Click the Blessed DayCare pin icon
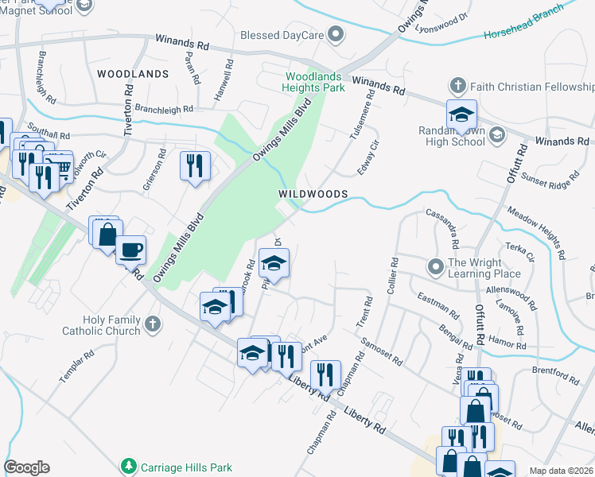pos(336,34)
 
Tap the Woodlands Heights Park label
pos(315,82)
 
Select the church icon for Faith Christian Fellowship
pos(457,85)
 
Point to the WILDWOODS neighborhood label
pos(313,194)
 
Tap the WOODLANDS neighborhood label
pos(133,74)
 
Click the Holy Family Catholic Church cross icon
pos(153,324)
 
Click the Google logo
pos(26,467)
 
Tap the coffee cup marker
pos(131,250)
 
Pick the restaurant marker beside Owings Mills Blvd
pos(195,165)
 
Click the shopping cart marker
pos(57,165)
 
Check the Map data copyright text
pos(561,471)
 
